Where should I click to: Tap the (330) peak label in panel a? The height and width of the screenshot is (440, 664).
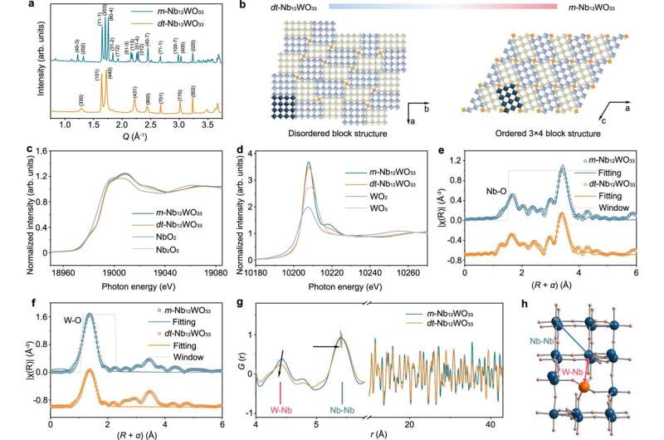81,100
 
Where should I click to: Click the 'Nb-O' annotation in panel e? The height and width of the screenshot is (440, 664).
497,190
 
